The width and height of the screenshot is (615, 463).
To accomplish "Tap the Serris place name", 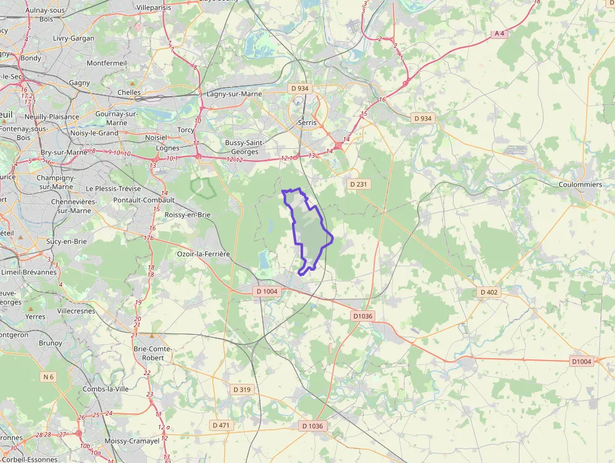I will click(308, 123).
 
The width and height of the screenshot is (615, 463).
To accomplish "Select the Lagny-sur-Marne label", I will click(234, 94).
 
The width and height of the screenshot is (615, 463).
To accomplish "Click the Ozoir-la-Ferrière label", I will click(203, 254).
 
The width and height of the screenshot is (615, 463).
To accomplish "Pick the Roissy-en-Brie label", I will click(187, 215).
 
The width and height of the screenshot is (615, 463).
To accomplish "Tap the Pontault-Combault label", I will click(144, 200).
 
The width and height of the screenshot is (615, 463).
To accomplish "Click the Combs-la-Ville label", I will click(105, 389).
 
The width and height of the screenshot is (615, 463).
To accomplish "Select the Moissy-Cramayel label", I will click(132, 441).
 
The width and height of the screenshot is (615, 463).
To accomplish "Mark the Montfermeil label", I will click(107, 63).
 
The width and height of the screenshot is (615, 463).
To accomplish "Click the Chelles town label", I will click(129, 92).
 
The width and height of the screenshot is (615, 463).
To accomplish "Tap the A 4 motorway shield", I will click(499, 33).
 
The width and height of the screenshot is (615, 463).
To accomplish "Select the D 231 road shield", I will click(357, 184).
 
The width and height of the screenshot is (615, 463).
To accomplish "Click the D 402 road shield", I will click(489, 292).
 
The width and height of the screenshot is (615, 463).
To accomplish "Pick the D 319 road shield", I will click(242, 389).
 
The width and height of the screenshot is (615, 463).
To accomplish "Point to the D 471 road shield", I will click(221, 425).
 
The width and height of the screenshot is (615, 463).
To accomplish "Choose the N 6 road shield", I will click(48, 377).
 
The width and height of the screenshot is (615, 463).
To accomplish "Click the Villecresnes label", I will click(77, 311).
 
